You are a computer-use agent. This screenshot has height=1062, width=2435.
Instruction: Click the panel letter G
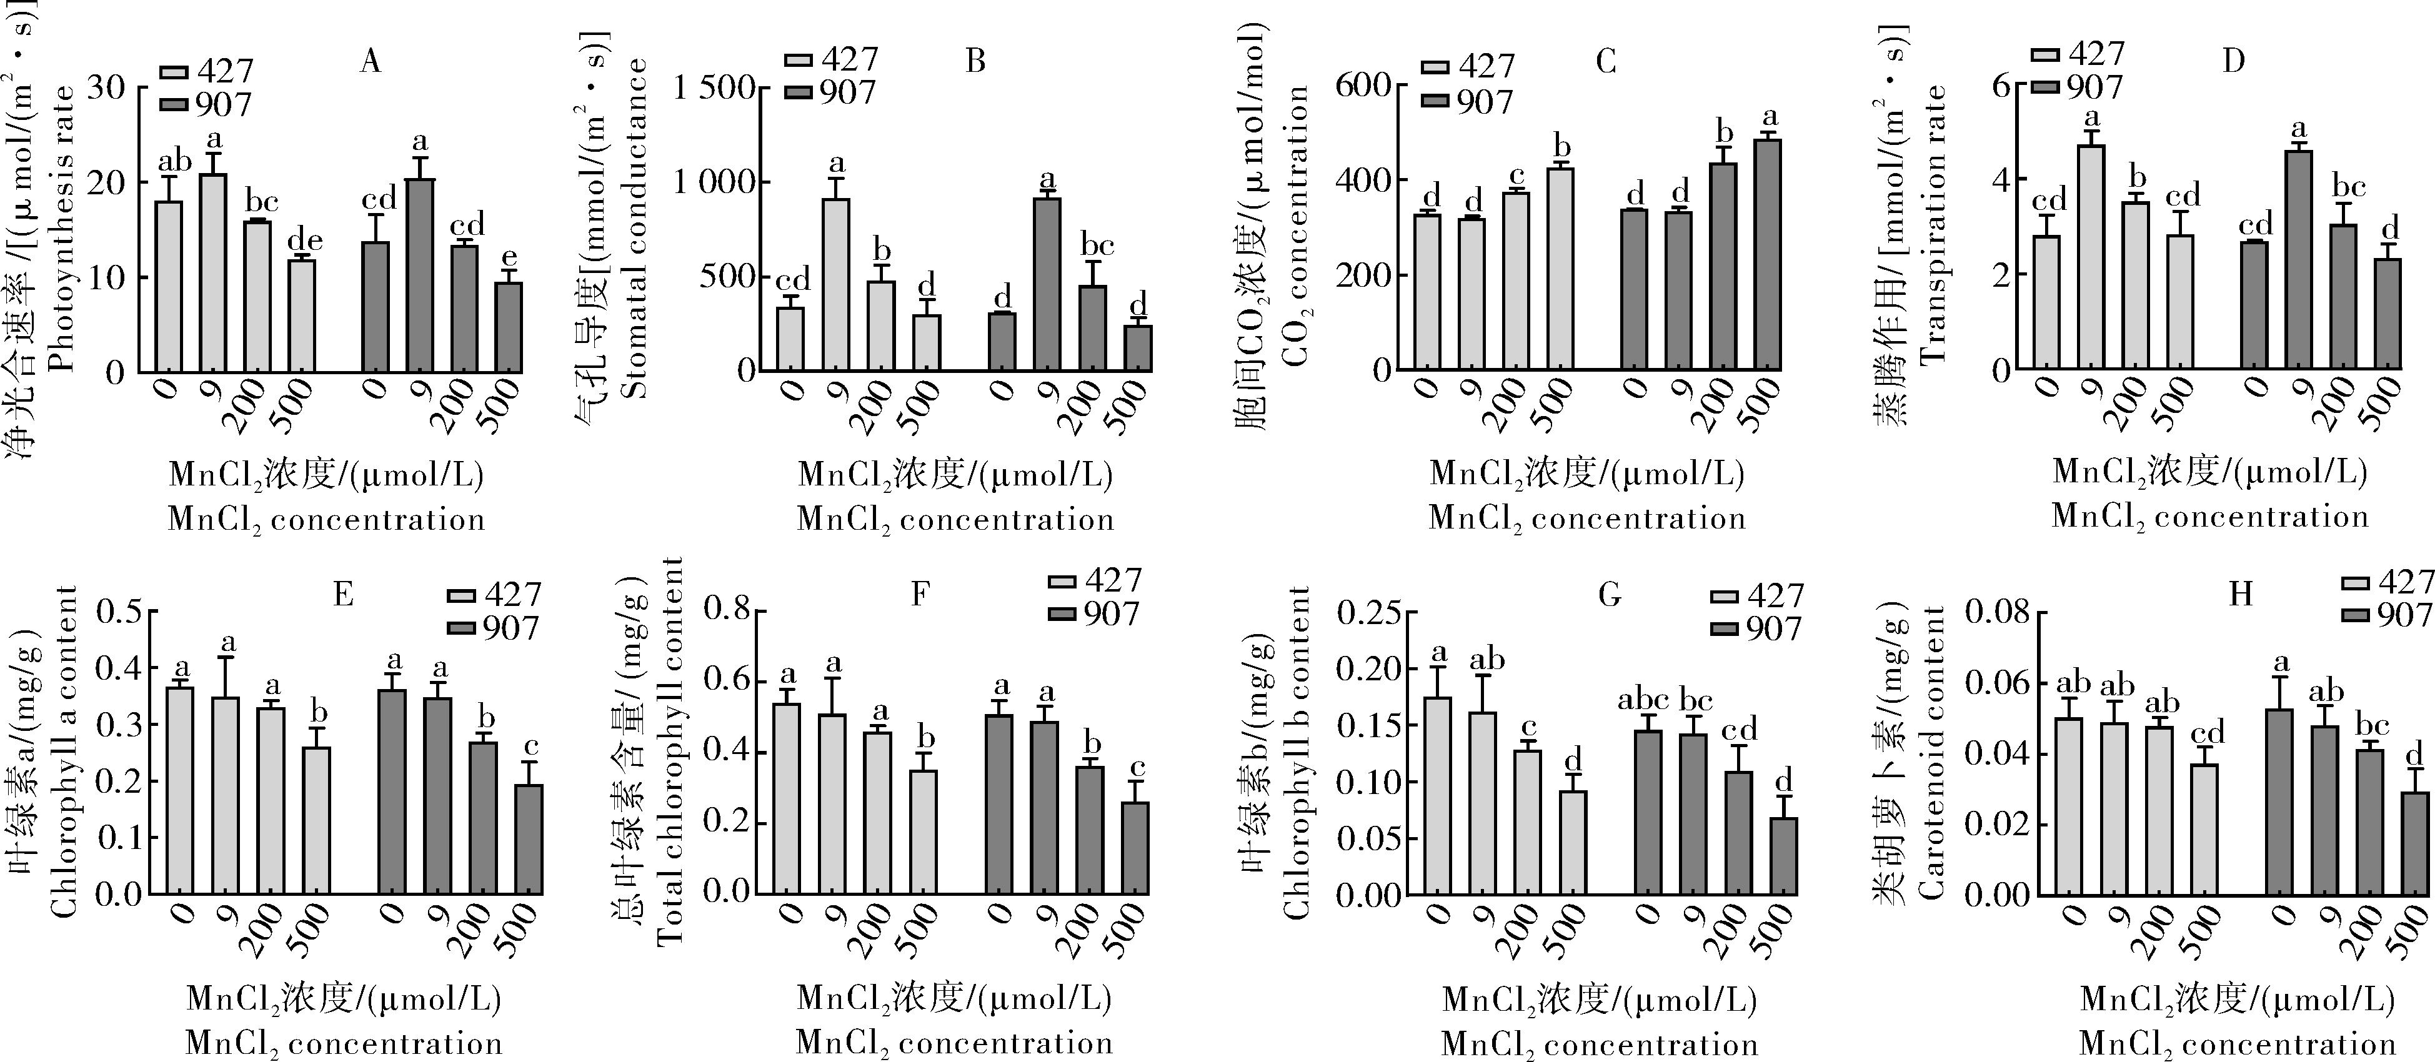(1609, 594)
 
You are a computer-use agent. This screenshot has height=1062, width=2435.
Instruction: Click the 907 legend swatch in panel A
(174, 104)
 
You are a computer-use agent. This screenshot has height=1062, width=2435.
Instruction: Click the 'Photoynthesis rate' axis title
(62, 229)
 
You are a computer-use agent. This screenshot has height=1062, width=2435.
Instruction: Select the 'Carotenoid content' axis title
(1932, 752)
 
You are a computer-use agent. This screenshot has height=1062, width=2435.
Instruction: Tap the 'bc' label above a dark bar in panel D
(2348, 188)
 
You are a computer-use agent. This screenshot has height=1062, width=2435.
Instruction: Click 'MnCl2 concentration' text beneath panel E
(344, 1044)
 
